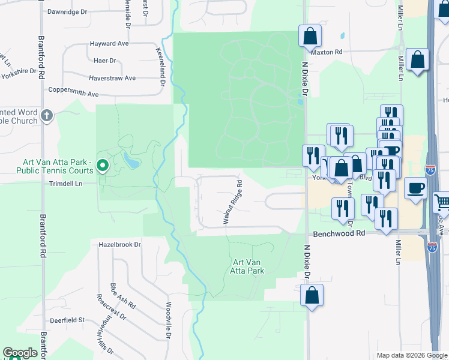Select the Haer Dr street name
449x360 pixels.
[x=104, y=61]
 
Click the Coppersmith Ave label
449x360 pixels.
[x=73, y=94]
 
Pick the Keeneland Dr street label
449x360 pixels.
[x=161, y=67]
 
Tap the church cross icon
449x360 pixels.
[x=47, y=115]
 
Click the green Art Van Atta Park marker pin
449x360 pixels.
[x=103, y=164]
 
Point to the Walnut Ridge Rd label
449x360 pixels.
[x=232, y=202]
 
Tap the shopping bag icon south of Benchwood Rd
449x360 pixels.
[x=312, y=295]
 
